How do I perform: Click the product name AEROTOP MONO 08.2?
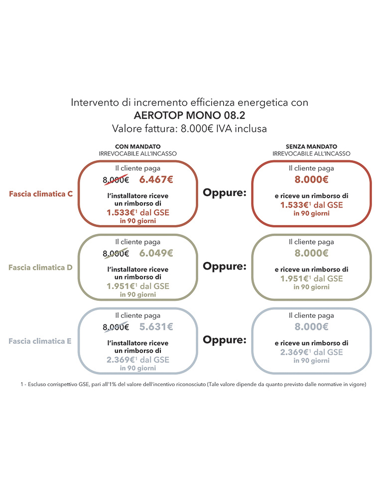click(190, 115)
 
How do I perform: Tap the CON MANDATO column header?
click(138, 147)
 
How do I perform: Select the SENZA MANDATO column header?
click(311, 147)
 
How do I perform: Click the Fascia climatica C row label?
click(41, 194)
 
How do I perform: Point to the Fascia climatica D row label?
click(41, 267)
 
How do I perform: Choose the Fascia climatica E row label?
click(40, 341)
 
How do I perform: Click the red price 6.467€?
click(156, 180)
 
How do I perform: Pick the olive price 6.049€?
click(156, 253)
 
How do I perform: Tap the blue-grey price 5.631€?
click(156, 327)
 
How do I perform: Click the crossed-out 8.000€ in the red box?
click(116, 180)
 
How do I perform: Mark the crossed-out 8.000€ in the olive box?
click(116, 254)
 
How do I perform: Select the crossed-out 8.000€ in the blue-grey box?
click(116, 327)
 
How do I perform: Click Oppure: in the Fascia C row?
click(225, 193)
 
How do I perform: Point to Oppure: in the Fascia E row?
click(225, 340)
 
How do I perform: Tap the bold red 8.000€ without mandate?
click(311, 180)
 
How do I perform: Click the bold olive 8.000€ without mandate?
click(311, 253)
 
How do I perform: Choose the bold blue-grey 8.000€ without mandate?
click(311, 327)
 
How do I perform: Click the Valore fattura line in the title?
click(190, 129)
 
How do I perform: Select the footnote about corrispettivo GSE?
click(193, 385)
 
